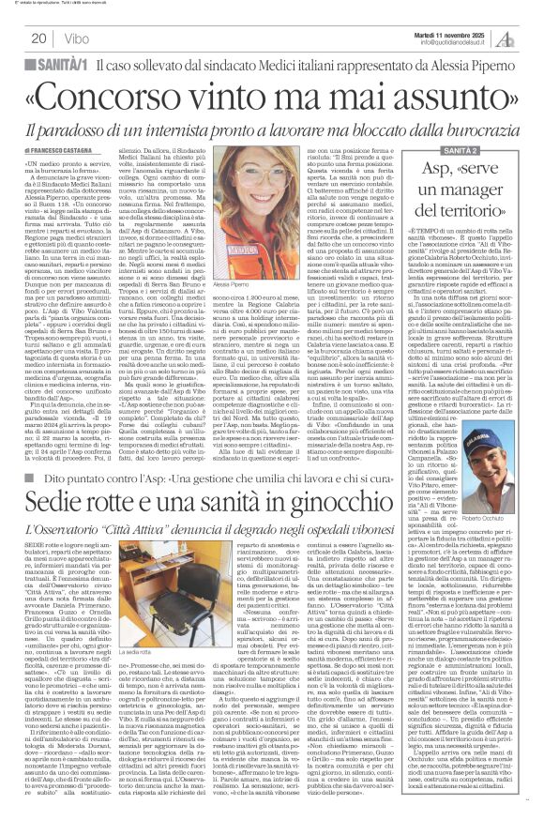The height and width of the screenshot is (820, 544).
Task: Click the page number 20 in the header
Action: [38, 38]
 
